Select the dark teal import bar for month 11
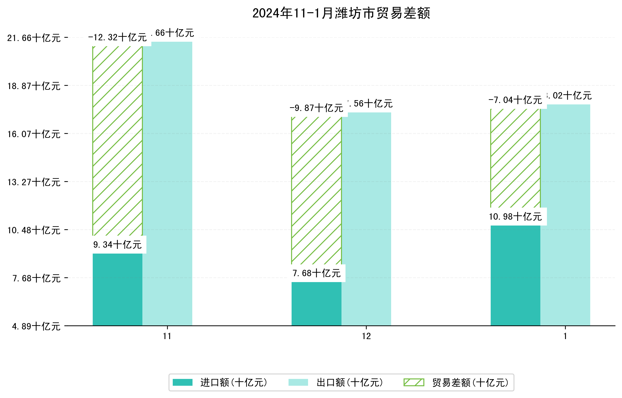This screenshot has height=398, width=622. (117, 289)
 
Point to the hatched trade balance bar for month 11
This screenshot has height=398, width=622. (117, 141)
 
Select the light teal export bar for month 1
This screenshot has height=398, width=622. (565, 215)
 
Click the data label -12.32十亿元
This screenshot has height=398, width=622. (117, 37)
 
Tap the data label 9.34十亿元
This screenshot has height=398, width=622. (117, 245)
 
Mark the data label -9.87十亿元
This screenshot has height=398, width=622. (317, 108)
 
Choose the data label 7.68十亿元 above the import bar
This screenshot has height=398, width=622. (317, 273)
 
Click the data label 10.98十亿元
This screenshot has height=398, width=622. (515, 217)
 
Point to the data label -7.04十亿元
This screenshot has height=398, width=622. (515, 100)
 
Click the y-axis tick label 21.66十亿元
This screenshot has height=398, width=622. (34, 38)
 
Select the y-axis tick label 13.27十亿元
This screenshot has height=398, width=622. (34, 182)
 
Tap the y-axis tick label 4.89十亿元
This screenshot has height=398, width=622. (36, 326)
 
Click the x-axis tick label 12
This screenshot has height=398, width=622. (366, 336)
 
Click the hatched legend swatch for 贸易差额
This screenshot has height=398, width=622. (414, 382)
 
